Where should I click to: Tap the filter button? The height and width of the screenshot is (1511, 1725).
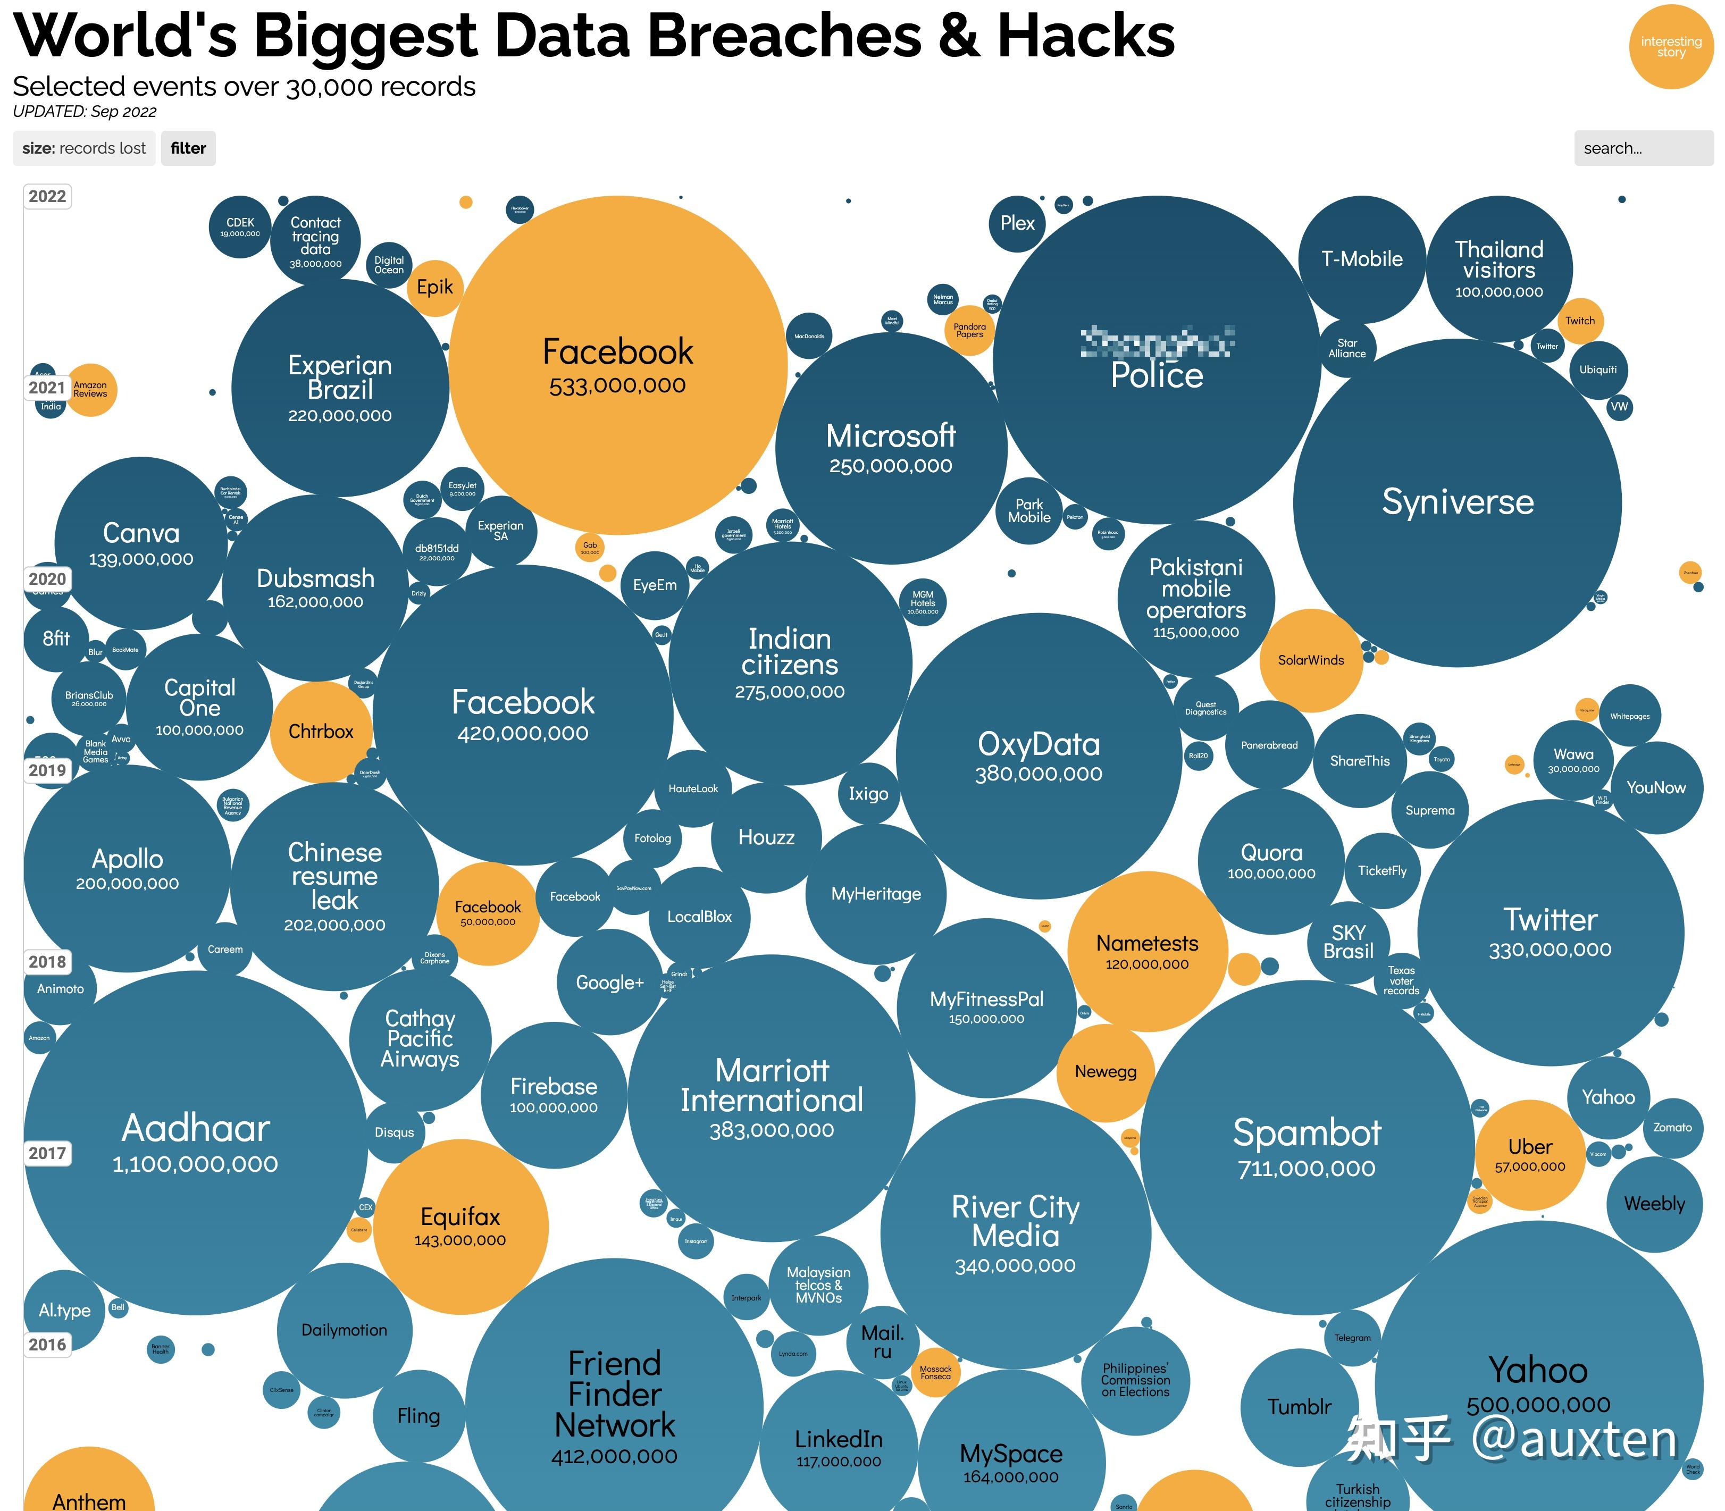tap(188, 148)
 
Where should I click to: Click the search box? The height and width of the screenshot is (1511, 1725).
tap(1643, 148)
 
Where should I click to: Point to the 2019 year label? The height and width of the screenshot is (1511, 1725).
tap(47, 770)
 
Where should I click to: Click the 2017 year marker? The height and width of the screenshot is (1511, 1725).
tap(47, 1153)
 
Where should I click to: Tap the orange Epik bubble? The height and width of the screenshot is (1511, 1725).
tap(435, 288)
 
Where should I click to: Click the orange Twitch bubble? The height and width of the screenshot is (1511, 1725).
tap(1579, 321)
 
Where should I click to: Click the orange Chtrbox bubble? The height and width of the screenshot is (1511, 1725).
tap(321, 731)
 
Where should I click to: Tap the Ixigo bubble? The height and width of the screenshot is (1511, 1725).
tap(868, 793)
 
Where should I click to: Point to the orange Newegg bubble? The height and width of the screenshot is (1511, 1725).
tap(1106, 1072)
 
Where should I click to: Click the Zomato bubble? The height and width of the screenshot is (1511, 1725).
tap(1672, 1127)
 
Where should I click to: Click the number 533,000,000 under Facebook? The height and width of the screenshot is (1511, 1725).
tap(617, 386)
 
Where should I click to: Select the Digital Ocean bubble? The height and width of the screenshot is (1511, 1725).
tap(389, 265)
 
